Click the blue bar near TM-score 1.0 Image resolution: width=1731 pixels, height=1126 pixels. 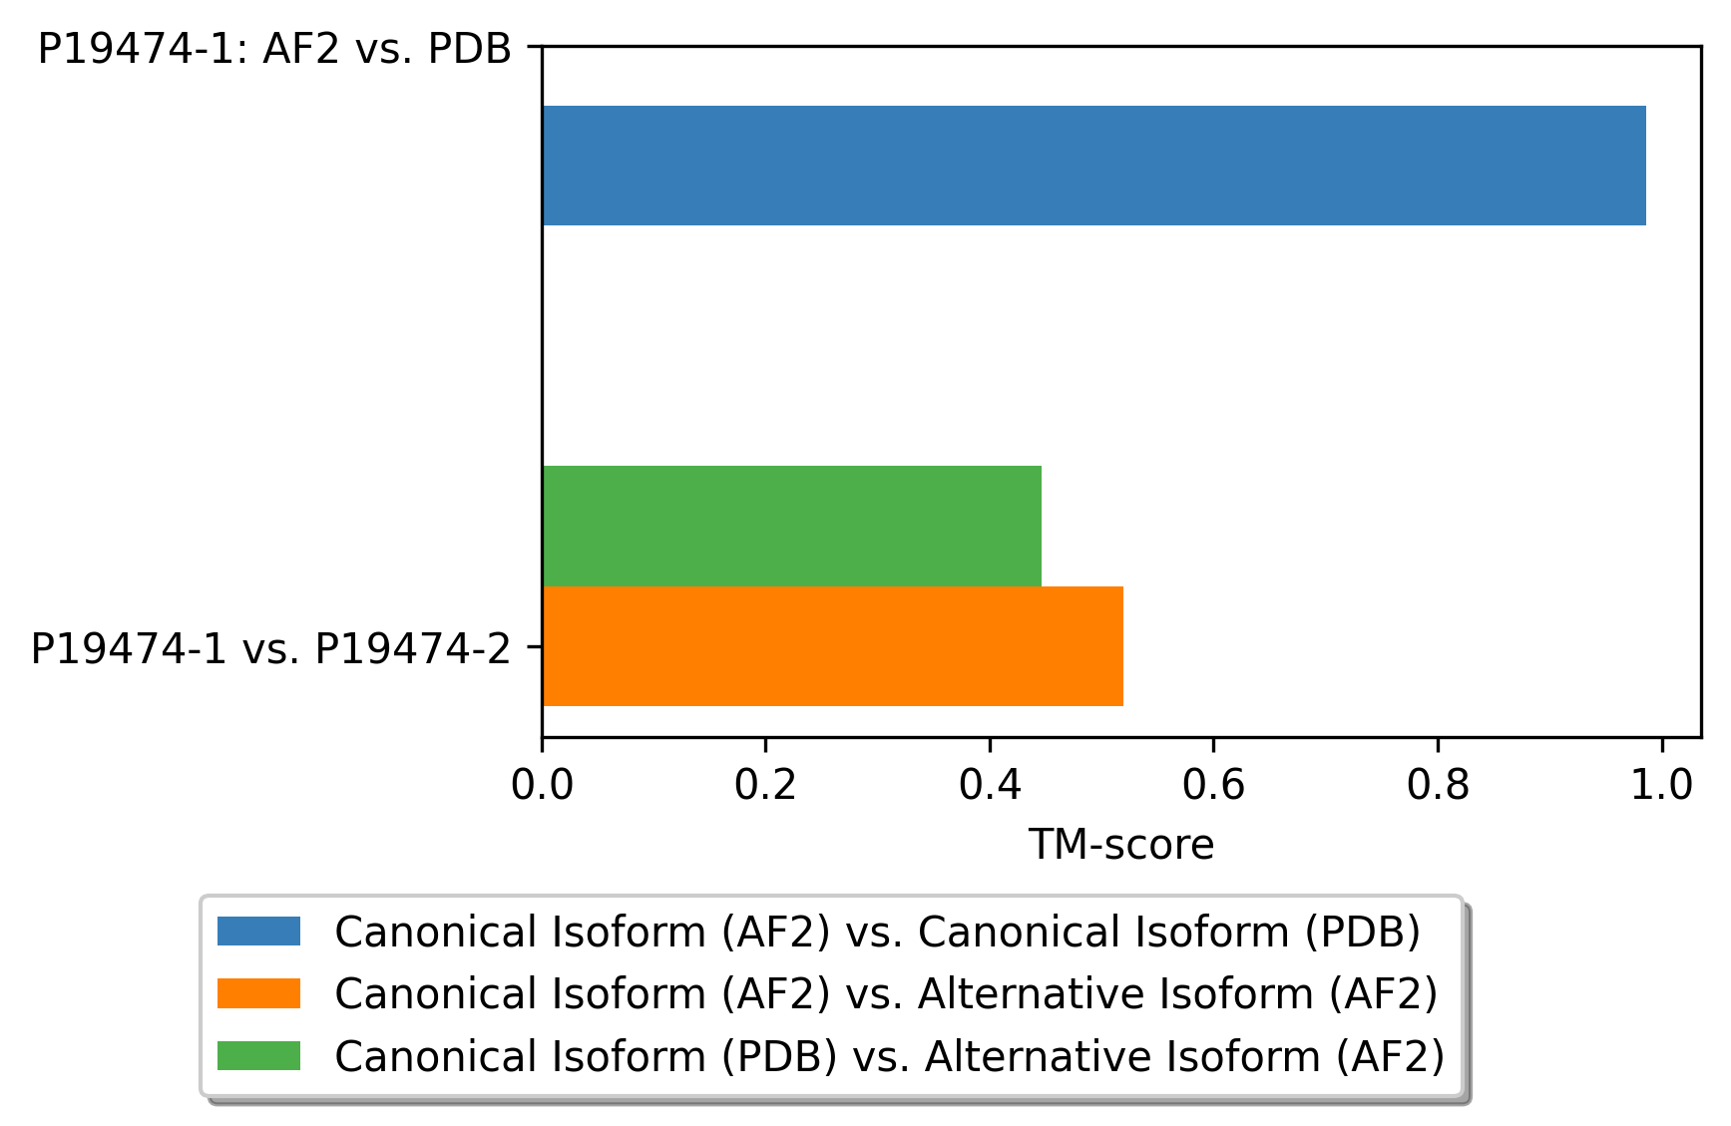(1093, 166)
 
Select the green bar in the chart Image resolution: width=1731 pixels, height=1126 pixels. (792, 526)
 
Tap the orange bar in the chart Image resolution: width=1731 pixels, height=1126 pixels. (833, 646)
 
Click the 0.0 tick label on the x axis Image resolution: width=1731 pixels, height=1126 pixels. (542, 785)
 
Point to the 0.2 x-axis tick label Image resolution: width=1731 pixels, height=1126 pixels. (765, 785)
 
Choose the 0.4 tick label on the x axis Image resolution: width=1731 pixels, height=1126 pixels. (990, 785)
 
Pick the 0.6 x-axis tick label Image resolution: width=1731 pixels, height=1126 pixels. (1213, 785)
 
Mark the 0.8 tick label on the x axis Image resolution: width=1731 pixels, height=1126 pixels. (1438, 785)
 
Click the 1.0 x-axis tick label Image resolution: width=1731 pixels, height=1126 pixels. (1662, 785)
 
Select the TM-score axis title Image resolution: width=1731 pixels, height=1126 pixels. (1121, 845)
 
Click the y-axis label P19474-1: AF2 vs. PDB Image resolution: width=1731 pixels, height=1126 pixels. (274, 48)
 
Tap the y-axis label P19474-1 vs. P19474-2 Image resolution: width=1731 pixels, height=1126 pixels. (270, 648)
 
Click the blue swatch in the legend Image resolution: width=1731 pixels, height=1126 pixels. (258, 932)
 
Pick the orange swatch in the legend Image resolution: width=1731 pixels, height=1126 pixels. (258, 993)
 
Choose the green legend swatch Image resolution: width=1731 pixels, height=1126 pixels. (258, 1055)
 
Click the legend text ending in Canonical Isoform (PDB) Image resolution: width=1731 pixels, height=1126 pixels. (878, 932)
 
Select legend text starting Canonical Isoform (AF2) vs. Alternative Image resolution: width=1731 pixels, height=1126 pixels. (886, 993)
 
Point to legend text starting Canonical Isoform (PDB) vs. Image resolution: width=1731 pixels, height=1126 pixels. (890, 1055)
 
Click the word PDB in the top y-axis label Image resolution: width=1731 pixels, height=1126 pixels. (469, 48)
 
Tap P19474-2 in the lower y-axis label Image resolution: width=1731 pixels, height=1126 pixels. (413, 648)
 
